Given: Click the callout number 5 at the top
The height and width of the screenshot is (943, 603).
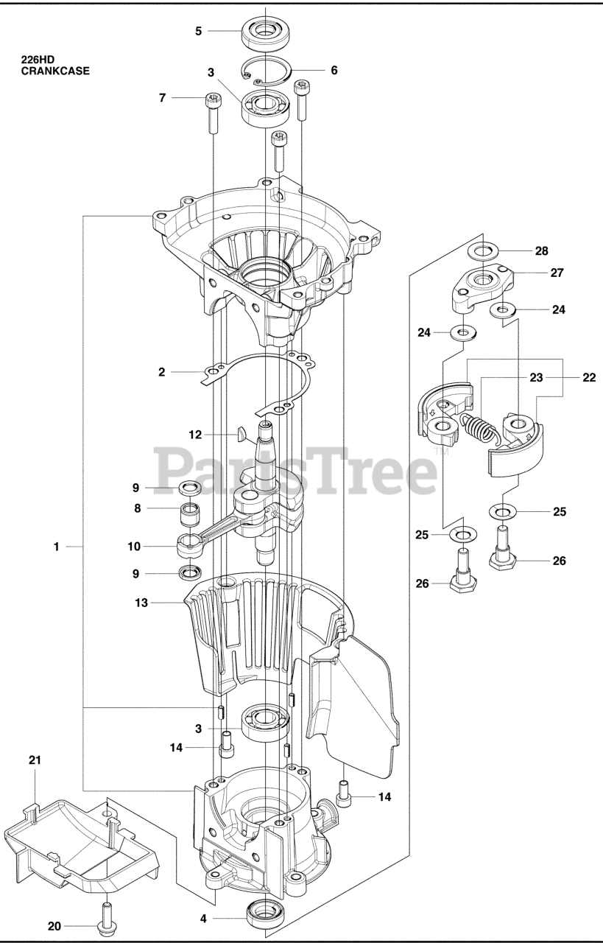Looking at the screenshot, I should coord(198,31).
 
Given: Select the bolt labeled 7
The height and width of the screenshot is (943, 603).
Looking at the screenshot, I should coord(212,113).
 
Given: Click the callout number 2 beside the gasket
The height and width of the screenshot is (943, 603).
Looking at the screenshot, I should coord(162,372).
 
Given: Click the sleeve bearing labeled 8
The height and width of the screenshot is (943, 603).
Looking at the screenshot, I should coord(191,509).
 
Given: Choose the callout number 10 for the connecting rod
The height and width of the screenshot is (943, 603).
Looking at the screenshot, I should coord(134,547).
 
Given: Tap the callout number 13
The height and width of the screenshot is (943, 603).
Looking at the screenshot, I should coord(141,603).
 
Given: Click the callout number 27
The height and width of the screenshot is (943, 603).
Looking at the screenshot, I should coord(557,273).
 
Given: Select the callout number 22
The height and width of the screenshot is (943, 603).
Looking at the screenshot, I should coord(588,377).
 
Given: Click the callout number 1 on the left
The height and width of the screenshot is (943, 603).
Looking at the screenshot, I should coord(56,547).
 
